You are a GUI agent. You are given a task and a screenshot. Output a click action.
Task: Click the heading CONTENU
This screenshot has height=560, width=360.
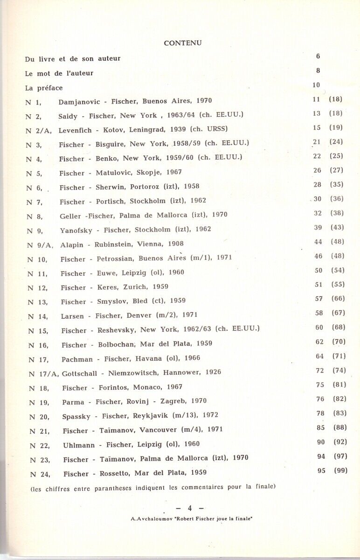[x=183, y=43]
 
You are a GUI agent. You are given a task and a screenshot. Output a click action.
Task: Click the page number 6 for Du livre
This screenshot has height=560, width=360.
[x=318, y=56]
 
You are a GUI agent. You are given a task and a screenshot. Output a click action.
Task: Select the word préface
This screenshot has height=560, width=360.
[x=50, y=88]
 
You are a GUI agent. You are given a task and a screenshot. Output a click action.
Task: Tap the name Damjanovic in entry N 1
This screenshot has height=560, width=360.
[x=75, y=101]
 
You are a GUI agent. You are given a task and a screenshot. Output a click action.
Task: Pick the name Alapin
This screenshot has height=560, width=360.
[x=72, y=244]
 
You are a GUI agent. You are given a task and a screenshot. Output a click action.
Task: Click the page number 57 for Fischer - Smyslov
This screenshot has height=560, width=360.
[x=319, y=299]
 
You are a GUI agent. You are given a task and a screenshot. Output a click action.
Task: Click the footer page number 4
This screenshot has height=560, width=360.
[x=190, y=508]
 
